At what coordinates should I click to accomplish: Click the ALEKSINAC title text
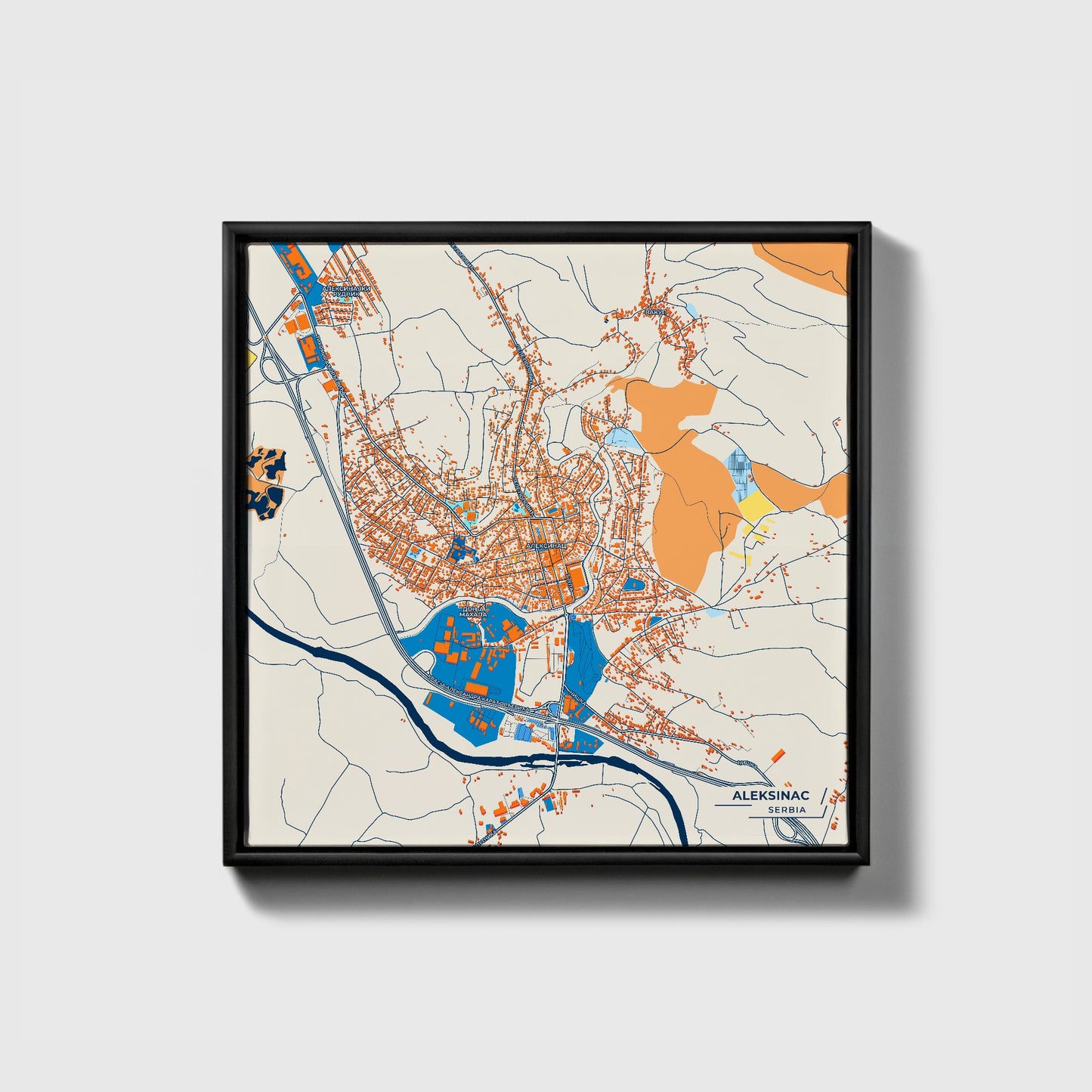770,796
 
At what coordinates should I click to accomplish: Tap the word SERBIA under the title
786,810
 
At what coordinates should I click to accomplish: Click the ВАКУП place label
653,311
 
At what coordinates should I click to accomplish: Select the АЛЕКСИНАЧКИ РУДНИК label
347,292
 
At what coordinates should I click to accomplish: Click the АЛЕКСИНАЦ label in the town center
546,545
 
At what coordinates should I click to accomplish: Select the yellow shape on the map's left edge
250,356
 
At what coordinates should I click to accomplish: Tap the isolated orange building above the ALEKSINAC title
777,756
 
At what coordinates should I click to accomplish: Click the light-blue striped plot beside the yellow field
739,467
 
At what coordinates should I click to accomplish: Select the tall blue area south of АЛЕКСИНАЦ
585,651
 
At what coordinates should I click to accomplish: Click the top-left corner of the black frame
226,224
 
